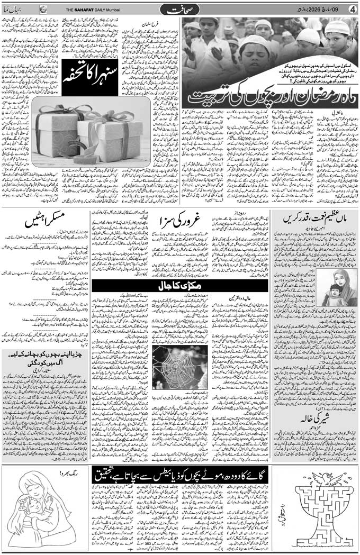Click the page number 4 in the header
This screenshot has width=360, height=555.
[353, 8]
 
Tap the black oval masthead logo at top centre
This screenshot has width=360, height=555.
[179, 9]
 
